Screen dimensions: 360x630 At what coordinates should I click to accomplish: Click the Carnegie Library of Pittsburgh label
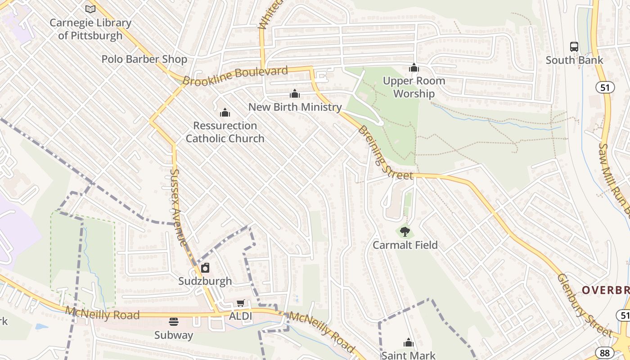pyautogui.click(x=90, y=29)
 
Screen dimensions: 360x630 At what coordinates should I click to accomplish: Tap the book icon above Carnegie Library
pyautogui.click(x=90, y=9)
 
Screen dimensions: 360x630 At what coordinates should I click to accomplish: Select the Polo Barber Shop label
pyautogui.click(x=144, y=59)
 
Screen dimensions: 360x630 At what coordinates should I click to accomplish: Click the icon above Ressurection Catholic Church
pyautogui.click(x=225, y=112)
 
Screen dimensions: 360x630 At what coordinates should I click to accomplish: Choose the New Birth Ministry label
pyautogui.click(x=295, y=107)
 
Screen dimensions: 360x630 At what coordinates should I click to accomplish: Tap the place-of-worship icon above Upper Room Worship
pyautogui.click(x=414, y=68)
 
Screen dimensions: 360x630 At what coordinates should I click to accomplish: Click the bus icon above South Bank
pyautogui.click(x=574, y=46)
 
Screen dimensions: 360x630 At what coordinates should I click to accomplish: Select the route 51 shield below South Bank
pyautogui.click(x=605, y=87)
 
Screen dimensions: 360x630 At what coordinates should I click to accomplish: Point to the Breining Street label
pyautogui.click(x=385, y=152)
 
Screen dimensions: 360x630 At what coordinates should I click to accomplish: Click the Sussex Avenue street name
pyautogui.click(x=179, y=207)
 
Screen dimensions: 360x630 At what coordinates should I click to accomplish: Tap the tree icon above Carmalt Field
pyautogui.click(x=405, y=232)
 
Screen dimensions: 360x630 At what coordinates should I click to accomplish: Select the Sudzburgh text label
pyautogui.click(x=205, y=281)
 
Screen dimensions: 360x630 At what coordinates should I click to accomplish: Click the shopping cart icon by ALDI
pyautogui.click(x=241, y=303)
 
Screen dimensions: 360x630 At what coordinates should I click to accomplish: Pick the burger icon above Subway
pyautogui.click(x=174, y=322)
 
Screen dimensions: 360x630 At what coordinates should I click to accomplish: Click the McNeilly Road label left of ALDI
pyautogui.click(x=102, y=313)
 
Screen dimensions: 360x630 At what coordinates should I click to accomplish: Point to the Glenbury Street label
pyautogui.click(x=584, y=305)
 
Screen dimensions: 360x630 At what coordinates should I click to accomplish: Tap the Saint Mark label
pyautogui.click(x=409, y=355)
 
